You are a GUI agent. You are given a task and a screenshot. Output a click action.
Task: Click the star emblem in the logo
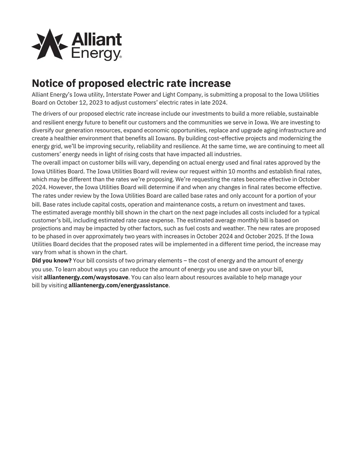50,44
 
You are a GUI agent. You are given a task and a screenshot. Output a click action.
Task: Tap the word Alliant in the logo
97,39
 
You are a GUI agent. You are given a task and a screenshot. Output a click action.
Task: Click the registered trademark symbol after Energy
120,57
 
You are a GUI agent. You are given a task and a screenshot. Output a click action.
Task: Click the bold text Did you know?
52,260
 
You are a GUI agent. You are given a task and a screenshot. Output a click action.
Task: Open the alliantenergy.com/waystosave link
86,277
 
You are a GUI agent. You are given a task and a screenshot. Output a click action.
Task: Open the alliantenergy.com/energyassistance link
118,285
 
